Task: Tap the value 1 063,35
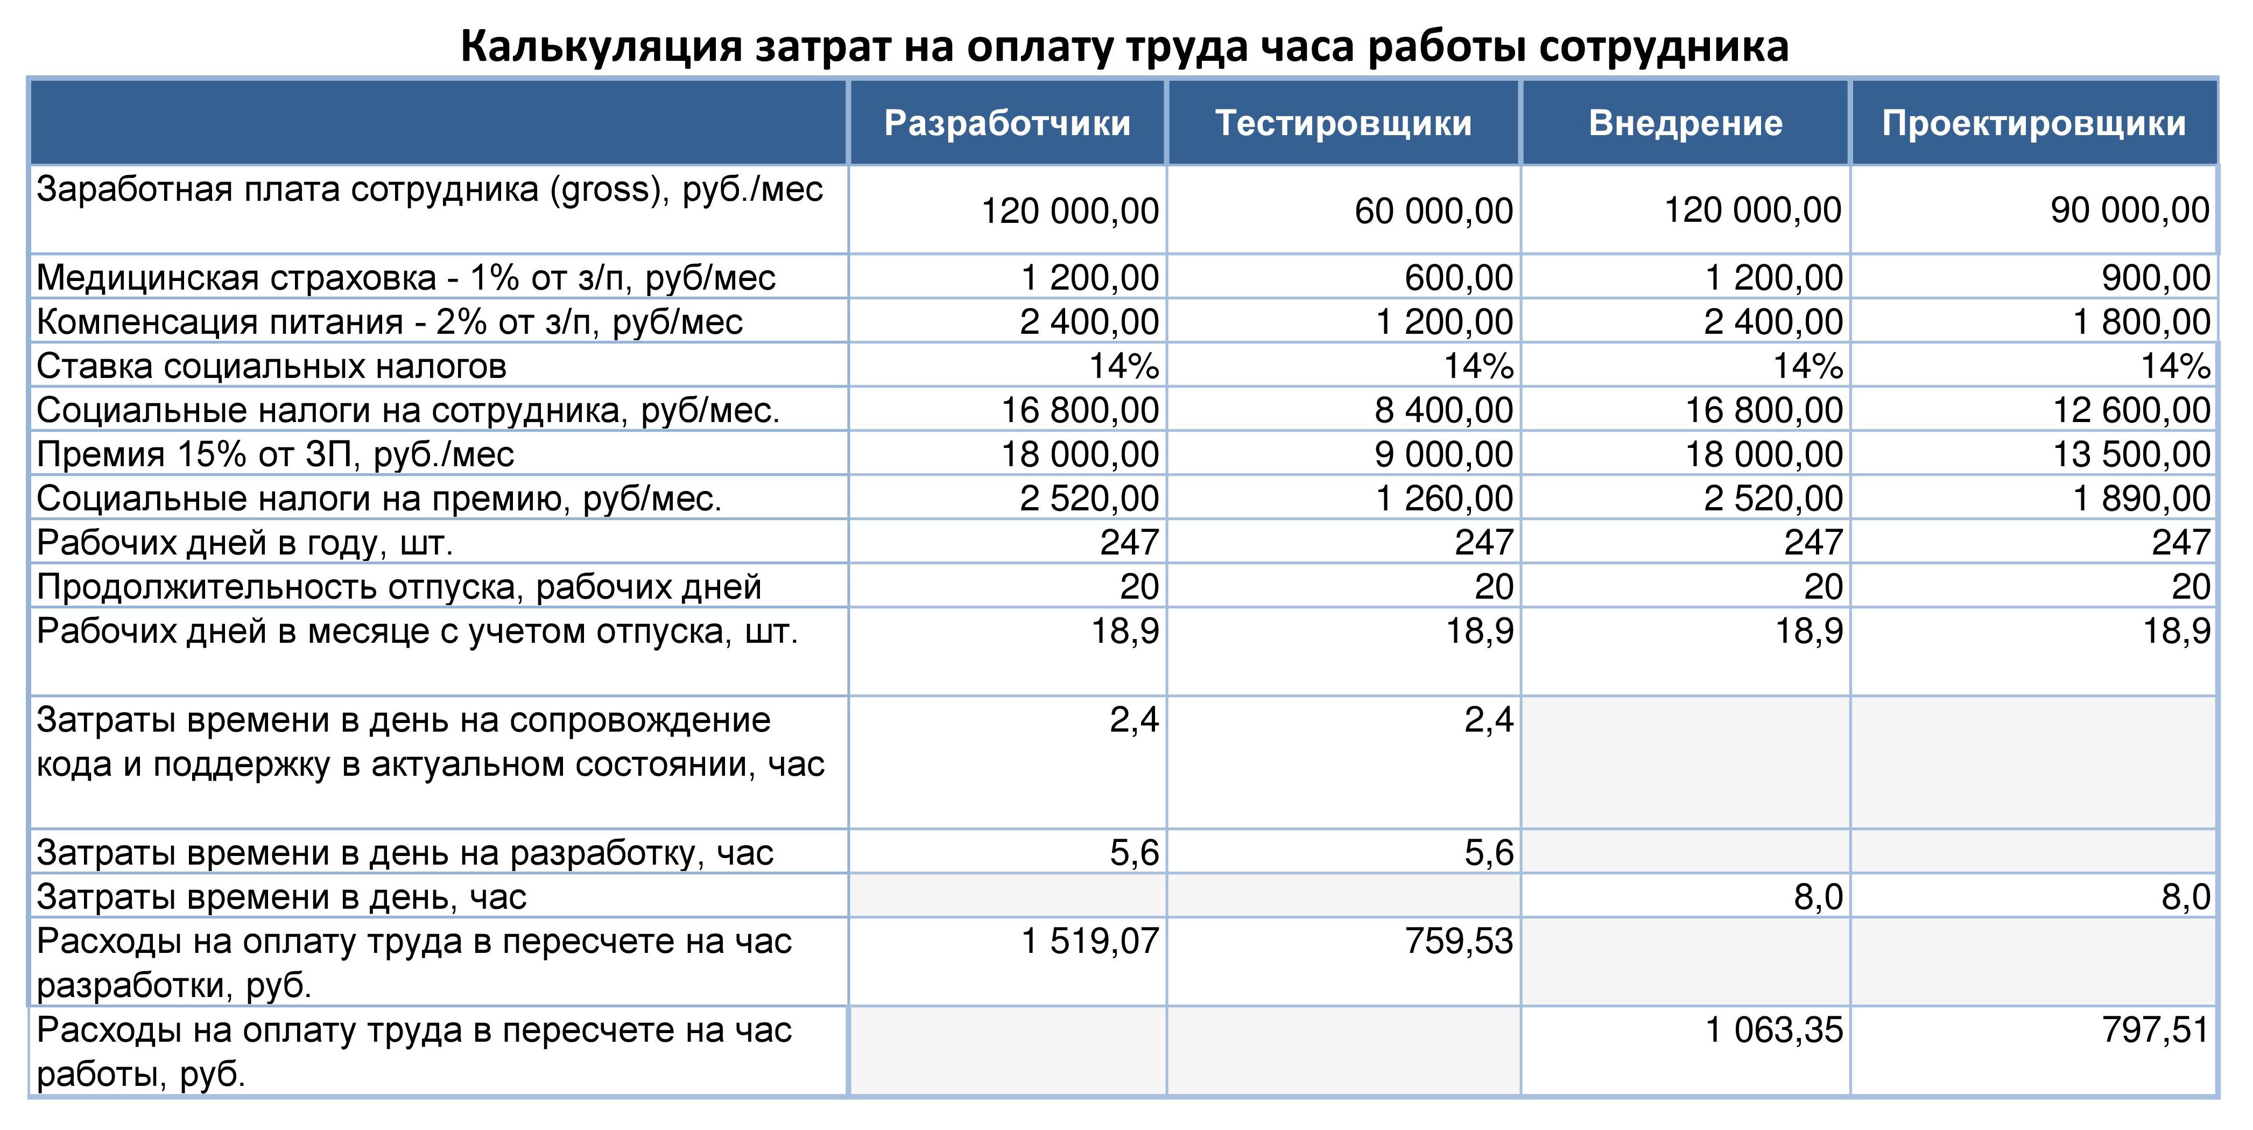(x=1774, y=1030)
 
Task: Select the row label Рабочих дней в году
(x=245, y=543)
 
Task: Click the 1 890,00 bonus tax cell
(x=2142, y=499)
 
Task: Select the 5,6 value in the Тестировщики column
(x=1489, y=853)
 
